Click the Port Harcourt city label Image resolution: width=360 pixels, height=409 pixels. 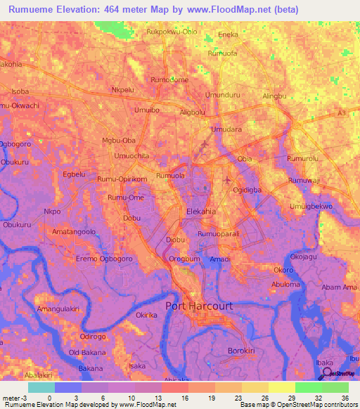pos(200,306)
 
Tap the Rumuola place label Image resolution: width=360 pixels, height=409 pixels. pos(170,175)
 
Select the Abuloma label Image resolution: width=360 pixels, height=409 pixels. pos(285,285)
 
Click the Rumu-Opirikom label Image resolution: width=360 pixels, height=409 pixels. pos(122,179)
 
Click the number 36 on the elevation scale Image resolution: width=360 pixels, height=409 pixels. pos(345,397)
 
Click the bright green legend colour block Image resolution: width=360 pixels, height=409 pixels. pos(308,387)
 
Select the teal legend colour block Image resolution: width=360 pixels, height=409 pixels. pos(41,387)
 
